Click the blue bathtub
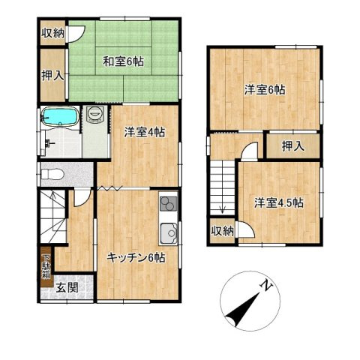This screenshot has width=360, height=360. [x=60, y=115]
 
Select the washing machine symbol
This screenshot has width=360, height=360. [x=95, y=114]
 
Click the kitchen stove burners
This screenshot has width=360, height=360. [x=169, y=203]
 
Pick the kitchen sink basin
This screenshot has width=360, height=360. [x=169, y=233]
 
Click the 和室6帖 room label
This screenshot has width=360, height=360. [x=123, y=61]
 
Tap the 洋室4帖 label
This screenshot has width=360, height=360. [x=145, y=132]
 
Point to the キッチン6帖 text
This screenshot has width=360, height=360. [x=136, y=258]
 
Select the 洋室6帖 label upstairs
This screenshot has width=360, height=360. [x=265, y=90]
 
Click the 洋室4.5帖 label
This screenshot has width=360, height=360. [x=279, y=202]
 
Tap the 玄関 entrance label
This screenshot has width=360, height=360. [x=67, y=288]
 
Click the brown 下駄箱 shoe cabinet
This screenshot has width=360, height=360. [x=46, y=267]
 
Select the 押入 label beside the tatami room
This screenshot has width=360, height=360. [x=52, y=76]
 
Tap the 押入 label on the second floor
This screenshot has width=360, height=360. [x=293, y=146]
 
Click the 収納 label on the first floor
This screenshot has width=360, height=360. [x=52, y=33]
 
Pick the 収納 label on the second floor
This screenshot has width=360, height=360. [x=223, y=231]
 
